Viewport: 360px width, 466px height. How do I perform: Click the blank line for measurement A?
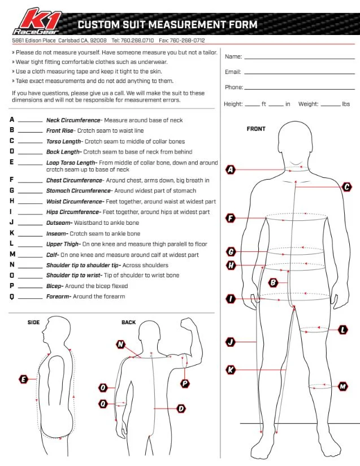click(31, 121)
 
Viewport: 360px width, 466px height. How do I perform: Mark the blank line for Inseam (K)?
click(31, 234)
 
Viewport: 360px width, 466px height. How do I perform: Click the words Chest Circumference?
click(73, 180)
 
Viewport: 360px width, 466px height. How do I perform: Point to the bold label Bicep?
click(55, 286)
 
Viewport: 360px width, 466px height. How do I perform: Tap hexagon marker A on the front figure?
click(231, 169)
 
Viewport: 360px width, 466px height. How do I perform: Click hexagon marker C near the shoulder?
click(346, 187)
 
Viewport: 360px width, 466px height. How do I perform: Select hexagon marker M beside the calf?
click(342, 387)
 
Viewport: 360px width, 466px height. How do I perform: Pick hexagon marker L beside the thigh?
click(343, 329)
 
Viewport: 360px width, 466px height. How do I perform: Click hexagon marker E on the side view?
click(24, 379)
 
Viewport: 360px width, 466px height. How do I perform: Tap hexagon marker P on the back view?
click(185, 383)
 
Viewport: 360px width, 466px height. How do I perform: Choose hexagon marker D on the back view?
click(181, 408)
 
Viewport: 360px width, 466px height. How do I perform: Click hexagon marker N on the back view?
click(120, 344)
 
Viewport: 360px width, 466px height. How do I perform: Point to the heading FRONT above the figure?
click(256, 129)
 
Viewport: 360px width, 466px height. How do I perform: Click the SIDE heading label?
click(34, 323)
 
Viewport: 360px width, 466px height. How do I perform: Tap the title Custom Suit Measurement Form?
click(167, 25)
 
